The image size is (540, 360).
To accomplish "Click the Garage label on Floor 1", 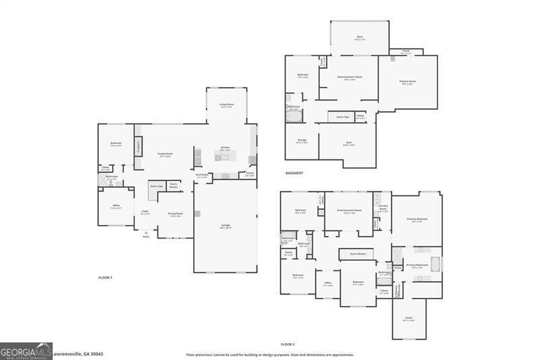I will [225, 227].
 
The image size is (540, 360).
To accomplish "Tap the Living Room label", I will [226, 105].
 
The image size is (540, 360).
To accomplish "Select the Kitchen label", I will [225, 148].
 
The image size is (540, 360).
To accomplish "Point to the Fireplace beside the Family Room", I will [138, 146].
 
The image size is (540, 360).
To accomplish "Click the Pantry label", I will [250, 174].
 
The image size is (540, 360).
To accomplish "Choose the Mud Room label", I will [202, 175].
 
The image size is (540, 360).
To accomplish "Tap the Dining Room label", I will [175, 214].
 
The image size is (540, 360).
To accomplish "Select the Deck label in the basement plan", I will [360, 37].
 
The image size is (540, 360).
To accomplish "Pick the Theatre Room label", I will [408, 82].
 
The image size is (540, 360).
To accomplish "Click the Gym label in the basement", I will [348, 143].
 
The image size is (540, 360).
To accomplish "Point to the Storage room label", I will [301, 140].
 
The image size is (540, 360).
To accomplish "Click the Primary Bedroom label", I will [416, 219].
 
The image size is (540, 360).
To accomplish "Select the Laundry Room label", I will [383, 207].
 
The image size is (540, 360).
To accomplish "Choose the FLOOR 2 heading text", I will [288, 344].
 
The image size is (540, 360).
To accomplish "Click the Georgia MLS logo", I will [26, 351].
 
